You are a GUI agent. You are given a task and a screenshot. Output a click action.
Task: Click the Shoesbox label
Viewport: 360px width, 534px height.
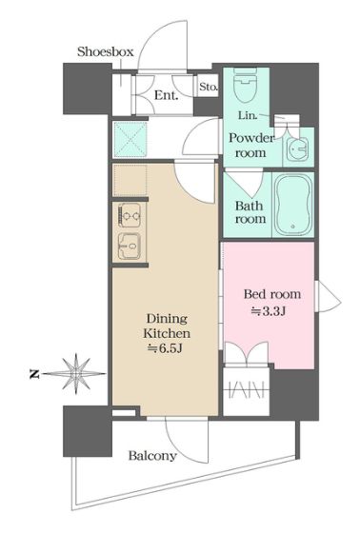tap(106, 51)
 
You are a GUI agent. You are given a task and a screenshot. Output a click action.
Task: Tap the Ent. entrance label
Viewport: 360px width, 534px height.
tap(167, 95)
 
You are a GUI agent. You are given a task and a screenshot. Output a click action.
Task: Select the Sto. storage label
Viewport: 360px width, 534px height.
tap(209, 87)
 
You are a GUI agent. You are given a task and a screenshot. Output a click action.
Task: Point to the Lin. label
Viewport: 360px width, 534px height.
tap(248, 115)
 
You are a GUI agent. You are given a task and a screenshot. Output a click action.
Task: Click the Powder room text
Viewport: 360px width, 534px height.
tap(251, 145)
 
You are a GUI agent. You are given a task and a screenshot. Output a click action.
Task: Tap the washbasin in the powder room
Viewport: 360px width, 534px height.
tap(297, 148)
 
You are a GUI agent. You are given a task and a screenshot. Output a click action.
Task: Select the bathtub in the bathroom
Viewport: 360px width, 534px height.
tap(293, 205)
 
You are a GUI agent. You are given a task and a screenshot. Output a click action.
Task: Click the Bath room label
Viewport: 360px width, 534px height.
tap(250, 212)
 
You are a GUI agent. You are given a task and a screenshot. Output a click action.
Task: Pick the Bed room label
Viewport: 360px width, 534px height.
tap(272, 294)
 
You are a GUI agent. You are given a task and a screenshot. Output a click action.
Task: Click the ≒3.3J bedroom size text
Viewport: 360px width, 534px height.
tap(268, 311)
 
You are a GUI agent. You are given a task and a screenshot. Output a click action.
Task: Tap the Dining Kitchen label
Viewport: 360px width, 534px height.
tap(167, 326)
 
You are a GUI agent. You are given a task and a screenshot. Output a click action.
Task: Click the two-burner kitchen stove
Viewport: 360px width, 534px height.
tap(130, 215)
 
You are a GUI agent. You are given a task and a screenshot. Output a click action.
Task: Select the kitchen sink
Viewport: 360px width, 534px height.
tap(130, 246)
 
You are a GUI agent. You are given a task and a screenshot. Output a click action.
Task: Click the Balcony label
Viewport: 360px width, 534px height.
tap(152, 456)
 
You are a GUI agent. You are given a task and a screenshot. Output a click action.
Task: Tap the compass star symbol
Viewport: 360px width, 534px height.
tap(75, 374)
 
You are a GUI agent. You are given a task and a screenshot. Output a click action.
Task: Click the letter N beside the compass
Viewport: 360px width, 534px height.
tap(34, 374)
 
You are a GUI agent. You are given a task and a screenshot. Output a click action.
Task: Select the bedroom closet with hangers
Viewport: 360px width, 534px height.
tap(247, 390)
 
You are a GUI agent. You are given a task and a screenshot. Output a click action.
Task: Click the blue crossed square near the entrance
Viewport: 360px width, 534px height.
tap(130, 139)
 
